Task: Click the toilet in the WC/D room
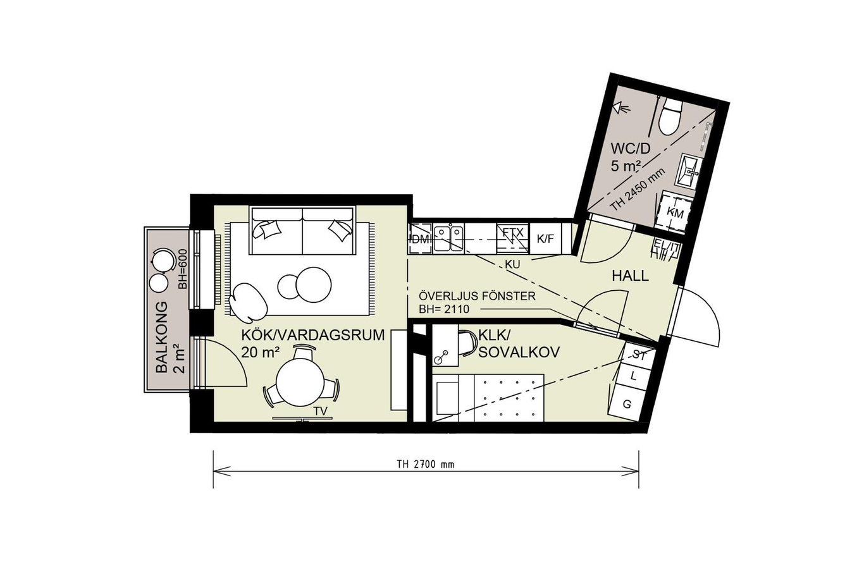(670, 116)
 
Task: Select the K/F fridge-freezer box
(545, 238)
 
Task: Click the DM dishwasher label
(421, 240)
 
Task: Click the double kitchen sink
(448, 238)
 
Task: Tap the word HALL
(630, 276)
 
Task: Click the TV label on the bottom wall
(320, 412)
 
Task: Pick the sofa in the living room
(302, 231)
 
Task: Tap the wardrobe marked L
(633, 376)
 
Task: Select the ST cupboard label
(639, 355)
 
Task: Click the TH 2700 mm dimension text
(426, 465)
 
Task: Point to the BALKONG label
(162, 336)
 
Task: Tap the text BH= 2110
(444, 309)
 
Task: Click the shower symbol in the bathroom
(622, 107)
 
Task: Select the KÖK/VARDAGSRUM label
(313, 335)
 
